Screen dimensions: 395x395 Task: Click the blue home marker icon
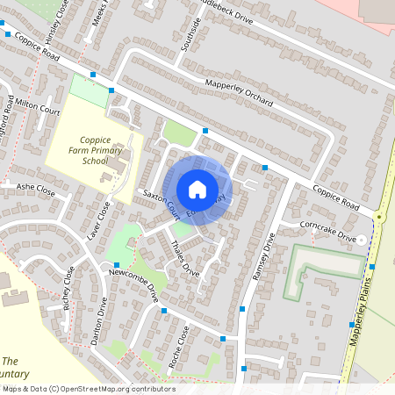pyautogui.click(x=197, y=190)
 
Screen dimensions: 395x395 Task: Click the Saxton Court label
pyautogui.click(x=155, y=205)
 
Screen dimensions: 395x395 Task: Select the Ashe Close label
pyautogui.click(x=36, y=190)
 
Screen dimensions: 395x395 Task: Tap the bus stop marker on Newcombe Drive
pyautogui.click(x=116, y=264)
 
